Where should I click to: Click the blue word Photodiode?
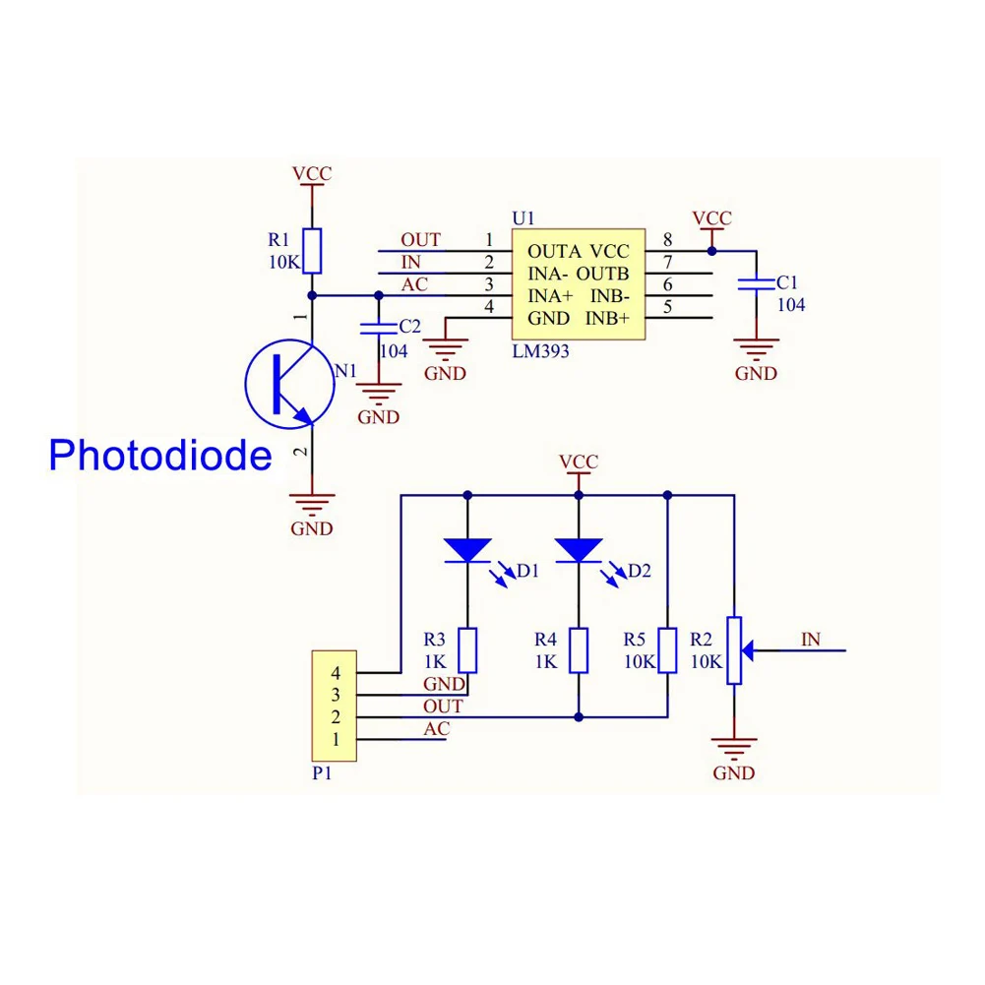[x=160, y=456]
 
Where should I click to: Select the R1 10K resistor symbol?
[x=312, y=251]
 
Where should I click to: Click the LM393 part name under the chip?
[x=540, y=351]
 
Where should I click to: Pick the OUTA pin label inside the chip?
[x=554, y=251]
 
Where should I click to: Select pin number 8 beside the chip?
[x=668, y=240]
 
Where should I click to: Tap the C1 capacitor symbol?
[x=757, y=284]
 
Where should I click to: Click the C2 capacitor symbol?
[x=377, y=328]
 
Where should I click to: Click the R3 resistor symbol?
[x=467, y=650]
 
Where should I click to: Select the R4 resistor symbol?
[x=579, y=650]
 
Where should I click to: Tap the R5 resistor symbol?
[x=668, y=650]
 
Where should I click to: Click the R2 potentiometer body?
[x=733, y=650]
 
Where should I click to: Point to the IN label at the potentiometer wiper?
[x=810, y=640]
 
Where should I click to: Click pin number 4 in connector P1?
[x=336, y=673]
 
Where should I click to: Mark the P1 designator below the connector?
[x=321, y=773]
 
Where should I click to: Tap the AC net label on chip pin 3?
[x=414, y=284]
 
